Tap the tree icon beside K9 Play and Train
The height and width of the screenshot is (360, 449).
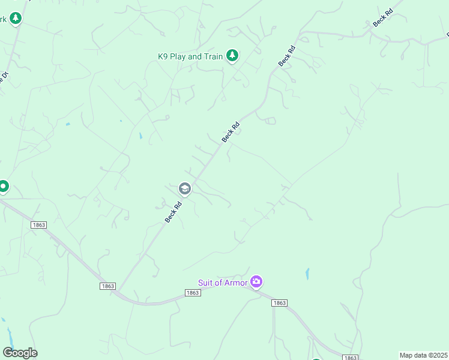[x=232, y=56]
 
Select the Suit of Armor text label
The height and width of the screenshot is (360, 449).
[x=223, y=283]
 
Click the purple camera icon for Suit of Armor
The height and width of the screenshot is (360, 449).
[x=257, y=281]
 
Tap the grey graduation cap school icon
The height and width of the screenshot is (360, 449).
[x=185, y=190]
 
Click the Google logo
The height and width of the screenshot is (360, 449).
[x=20, y=353]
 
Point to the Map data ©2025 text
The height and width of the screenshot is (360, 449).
[x=424, y=355]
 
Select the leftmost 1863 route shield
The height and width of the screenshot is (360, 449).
[x=38, y=224]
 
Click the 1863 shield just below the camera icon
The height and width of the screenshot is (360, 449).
[x=279, y=303]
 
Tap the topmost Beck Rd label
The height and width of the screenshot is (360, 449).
[x=382, y=18]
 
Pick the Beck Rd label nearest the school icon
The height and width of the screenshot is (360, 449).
[x=173, y=213]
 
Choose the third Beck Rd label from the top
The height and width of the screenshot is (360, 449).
[x=231, y=132]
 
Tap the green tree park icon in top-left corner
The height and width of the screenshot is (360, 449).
[x=16, y=19]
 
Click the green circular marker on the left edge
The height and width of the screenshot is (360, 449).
[x=3, y=187]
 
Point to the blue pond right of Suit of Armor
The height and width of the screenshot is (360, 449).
[x=307, y=274]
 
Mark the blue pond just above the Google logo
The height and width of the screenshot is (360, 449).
[x=9, y=334]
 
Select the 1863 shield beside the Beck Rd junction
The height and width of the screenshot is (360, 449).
[x=107, y=286]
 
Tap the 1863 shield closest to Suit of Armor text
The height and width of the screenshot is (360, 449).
[x=192, y=293]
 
